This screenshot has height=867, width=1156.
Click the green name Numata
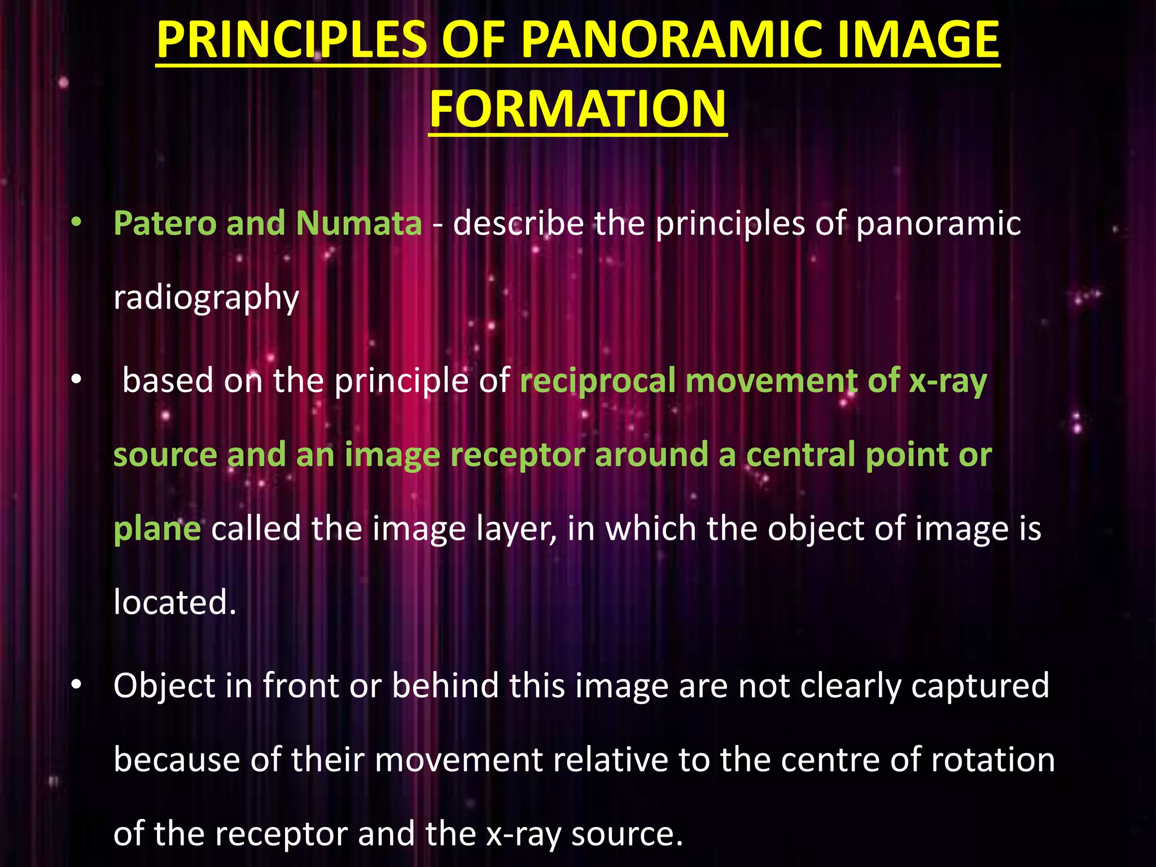359,223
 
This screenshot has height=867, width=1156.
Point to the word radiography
206,298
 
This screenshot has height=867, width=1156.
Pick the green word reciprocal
597,380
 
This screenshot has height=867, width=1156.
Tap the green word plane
157,529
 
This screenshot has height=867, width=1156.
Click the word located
174,602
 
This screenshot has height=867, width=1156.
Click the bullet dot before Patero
76,224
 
